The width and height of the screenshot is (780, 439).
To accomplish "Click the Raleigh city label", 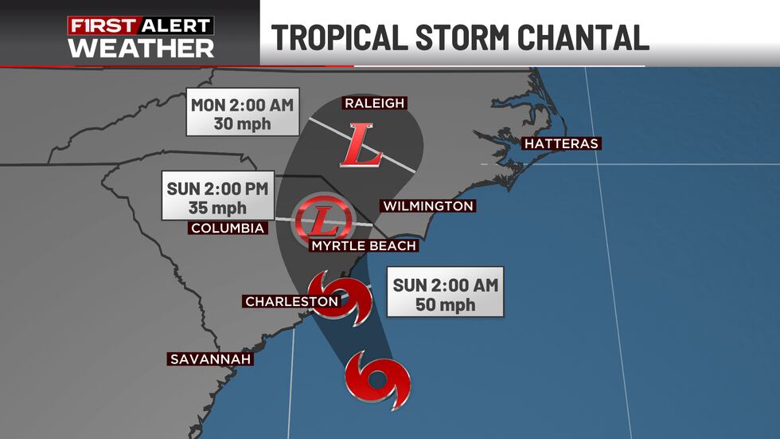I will point(374,103).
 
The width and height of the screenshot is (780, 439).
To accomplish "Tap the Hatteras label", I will point(560,143).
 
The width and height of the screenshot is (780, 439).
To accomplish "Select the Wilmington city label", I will point(428,206).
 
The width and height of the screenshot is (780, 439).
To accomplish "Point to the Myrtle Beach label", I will point(364,245).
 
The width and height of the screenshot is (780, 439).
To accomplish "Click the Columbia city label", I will point(227,229).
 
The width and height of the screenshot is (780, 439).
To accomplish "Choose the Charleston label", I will point(291,301).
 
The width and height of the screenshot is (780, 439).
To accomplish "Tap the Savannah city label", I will point(210,359).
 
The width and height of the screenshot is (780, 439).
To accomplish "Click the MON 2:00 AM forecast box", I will point(242,114).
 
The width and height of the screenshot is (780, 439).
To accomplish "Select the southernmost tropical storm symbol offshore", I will point(378,379).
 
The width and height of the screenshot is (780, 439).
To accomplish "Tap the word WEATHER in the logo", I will point(141,47).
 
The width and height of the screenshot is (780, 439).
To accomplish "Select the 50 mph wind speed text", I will point(445,305).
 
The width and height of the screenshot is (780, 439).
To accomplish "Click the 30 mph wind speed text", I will point(242,124).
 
